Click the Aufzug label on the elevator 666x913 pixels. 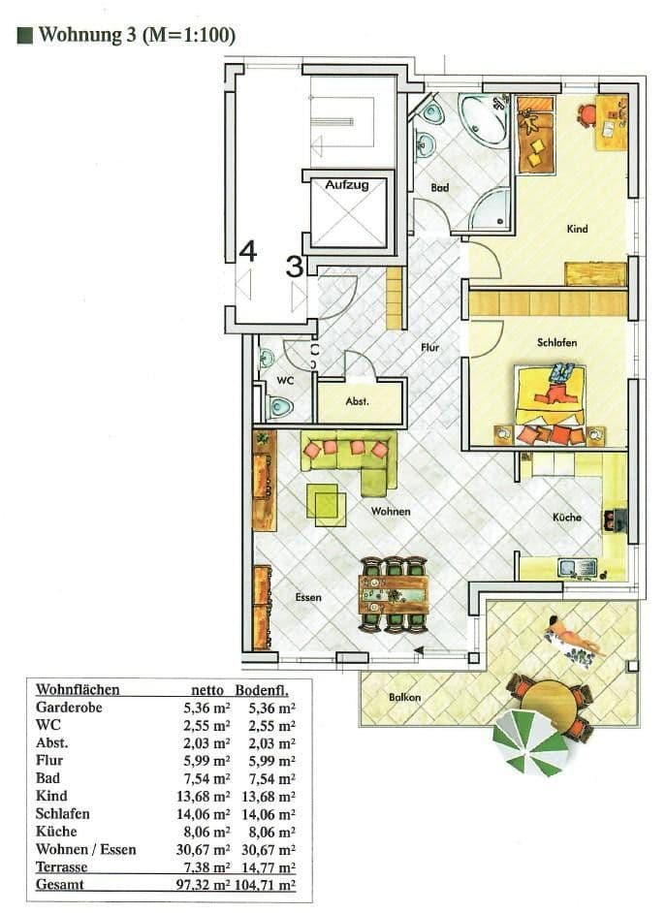click(x=346, y=185)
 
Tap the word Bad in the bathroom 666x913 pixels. click(x=440, y=188)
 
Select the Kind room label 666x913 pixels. click(x=578, y=229)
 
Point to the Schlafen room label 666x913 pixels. click(x=557, y=343)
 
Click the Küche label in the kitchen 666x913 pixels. click(x=567, y=518)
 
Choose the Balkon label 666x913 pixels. click(x=404, y=696)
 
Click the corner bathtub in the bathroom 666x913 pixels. click(x=482, y=117)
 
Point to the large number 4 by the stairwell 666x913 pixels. click(x=248, y=252)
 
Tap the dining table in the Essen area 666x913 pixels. click(x=394, y=591)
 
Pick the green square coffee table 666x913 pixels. click(x=327, y=502)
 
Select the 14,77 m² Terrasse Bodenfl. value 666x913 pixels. click(x=271, y=866)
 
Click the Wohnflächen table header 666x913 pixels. click(x=78, y=689)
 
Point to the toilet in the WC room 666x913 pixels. click(x=280, y=408)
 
